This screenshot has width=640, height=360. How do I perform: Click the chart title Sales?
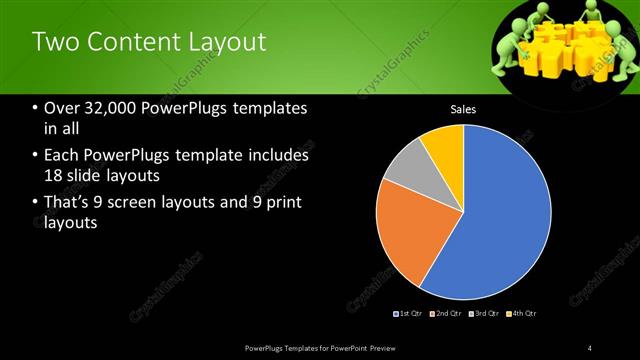tap(463, 109)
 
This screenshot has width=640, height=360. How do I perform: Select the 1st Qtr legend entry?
tap(409, 314)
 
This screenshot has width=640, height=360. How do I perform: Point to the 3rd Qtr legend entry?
tap(483, 314)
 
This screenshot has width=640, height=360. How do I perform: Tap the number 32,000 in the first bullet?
tap(107, 109)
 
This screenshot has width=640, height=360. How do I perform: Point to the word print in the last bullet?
tap(283, 203)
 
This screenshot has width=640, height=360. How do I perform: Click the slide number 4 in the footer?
tap(589, 347)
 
